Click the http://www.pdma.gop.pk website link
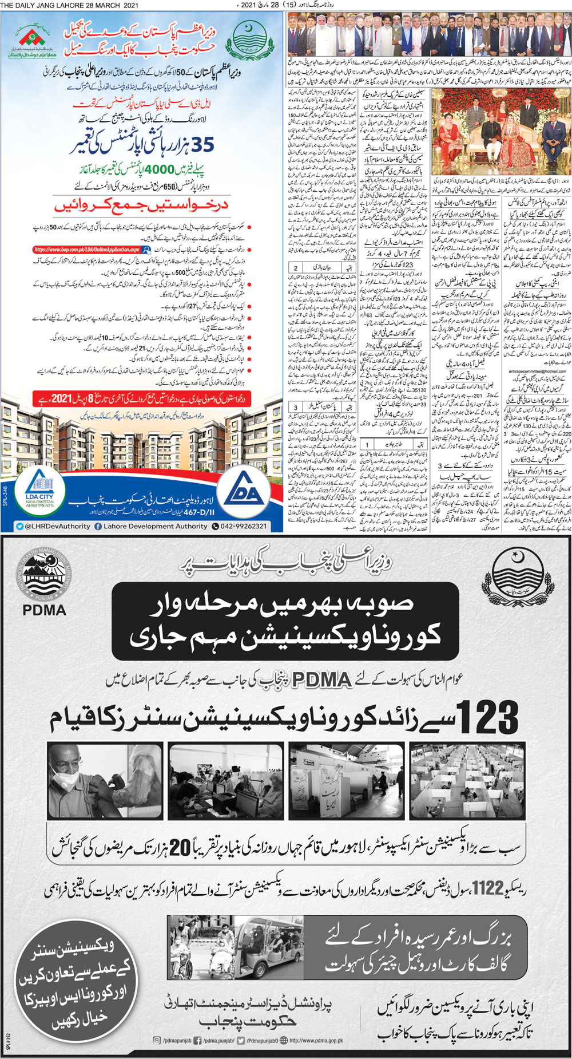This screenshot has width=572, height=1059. pyautogui.click(x=316, y=1040)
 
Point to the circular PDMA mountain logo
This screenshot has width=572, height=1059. pyautogui.click(x=43, y=572)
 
